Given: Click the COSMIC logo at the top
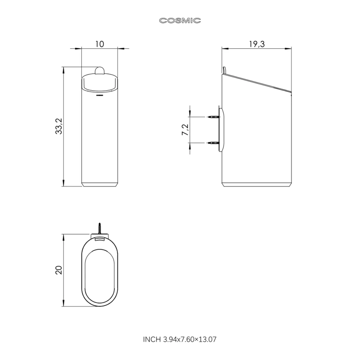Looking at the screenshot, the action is (x=180, y=21).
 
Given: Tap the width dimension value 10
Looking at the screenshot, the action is (x=100, y=44).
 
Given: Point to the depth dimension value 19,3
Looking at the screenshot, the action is (x=257, y=44).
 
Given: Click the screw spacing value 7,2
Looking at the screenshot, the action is (x=185, y=130).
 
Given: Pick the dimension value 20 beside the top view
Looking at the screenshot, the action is (x=59, y=270).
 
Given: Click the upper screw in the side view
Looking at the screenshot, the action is (x=214, y=117).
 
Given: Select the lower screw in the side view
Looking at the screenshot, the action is (x=214, y=143).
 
